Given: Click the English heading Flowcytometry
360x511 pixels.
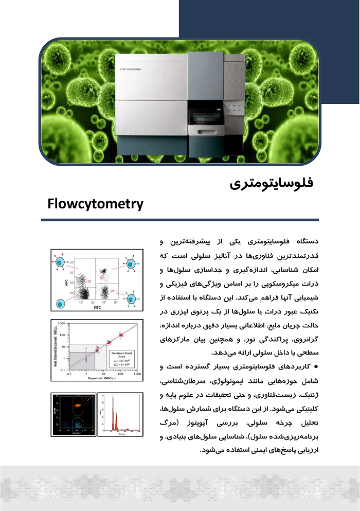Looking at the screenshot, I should [x=95, y=204].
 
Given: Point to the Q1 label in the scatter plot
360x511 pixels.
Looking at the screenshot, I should [x=88, y=281].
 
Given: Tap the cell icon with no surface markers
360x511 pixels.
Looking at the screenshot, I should [x=62, y=303].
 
